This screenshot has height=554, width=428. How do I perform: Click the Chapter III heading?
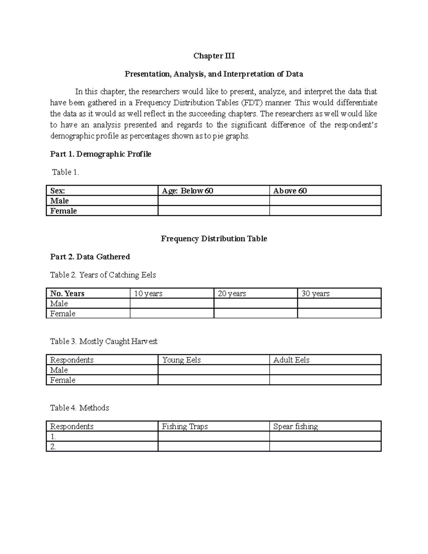[214, 56]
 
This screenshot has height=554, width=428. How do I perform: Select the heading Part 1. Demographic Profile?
[101, 154]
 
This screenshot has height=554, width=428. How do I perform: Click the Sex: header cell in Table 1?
[57, 191]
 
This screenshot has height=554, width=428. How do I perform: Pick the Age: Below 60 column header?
[188, 191]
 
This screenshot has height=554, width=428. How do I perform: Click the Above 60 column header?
[290, 191]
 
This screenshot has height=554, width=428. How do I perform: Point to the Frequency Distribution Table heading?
[214, 239]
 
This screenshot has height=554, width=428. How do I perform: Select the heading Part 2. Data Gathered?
[90, 257]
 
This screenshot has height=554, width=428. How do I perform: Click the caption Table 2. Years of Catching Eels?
[103, 275]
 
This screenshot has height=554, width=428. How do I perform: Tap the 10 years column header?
[148, 294]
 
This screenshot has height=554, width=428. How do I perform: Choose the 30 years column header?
[315, 294]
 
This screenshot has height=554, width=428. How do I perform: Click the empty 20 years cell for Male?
[255, 304]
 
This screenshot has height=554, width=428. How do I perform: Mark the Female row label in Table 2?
[63, 314]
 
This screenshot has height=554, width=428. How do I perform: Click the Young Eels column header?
[181, 360]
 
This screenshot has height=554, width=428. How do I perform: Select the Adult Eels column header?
[291, 360]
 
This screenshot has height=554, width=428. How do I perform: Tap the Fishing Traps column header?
[184, 427]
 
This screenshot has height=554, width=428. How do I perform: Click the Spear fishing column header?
[295, 427]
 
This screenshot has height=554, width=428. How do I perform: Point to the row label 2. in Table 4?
[53, 447]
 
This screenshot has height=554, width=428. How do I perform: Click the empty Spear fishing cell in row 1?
[325, 437]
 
